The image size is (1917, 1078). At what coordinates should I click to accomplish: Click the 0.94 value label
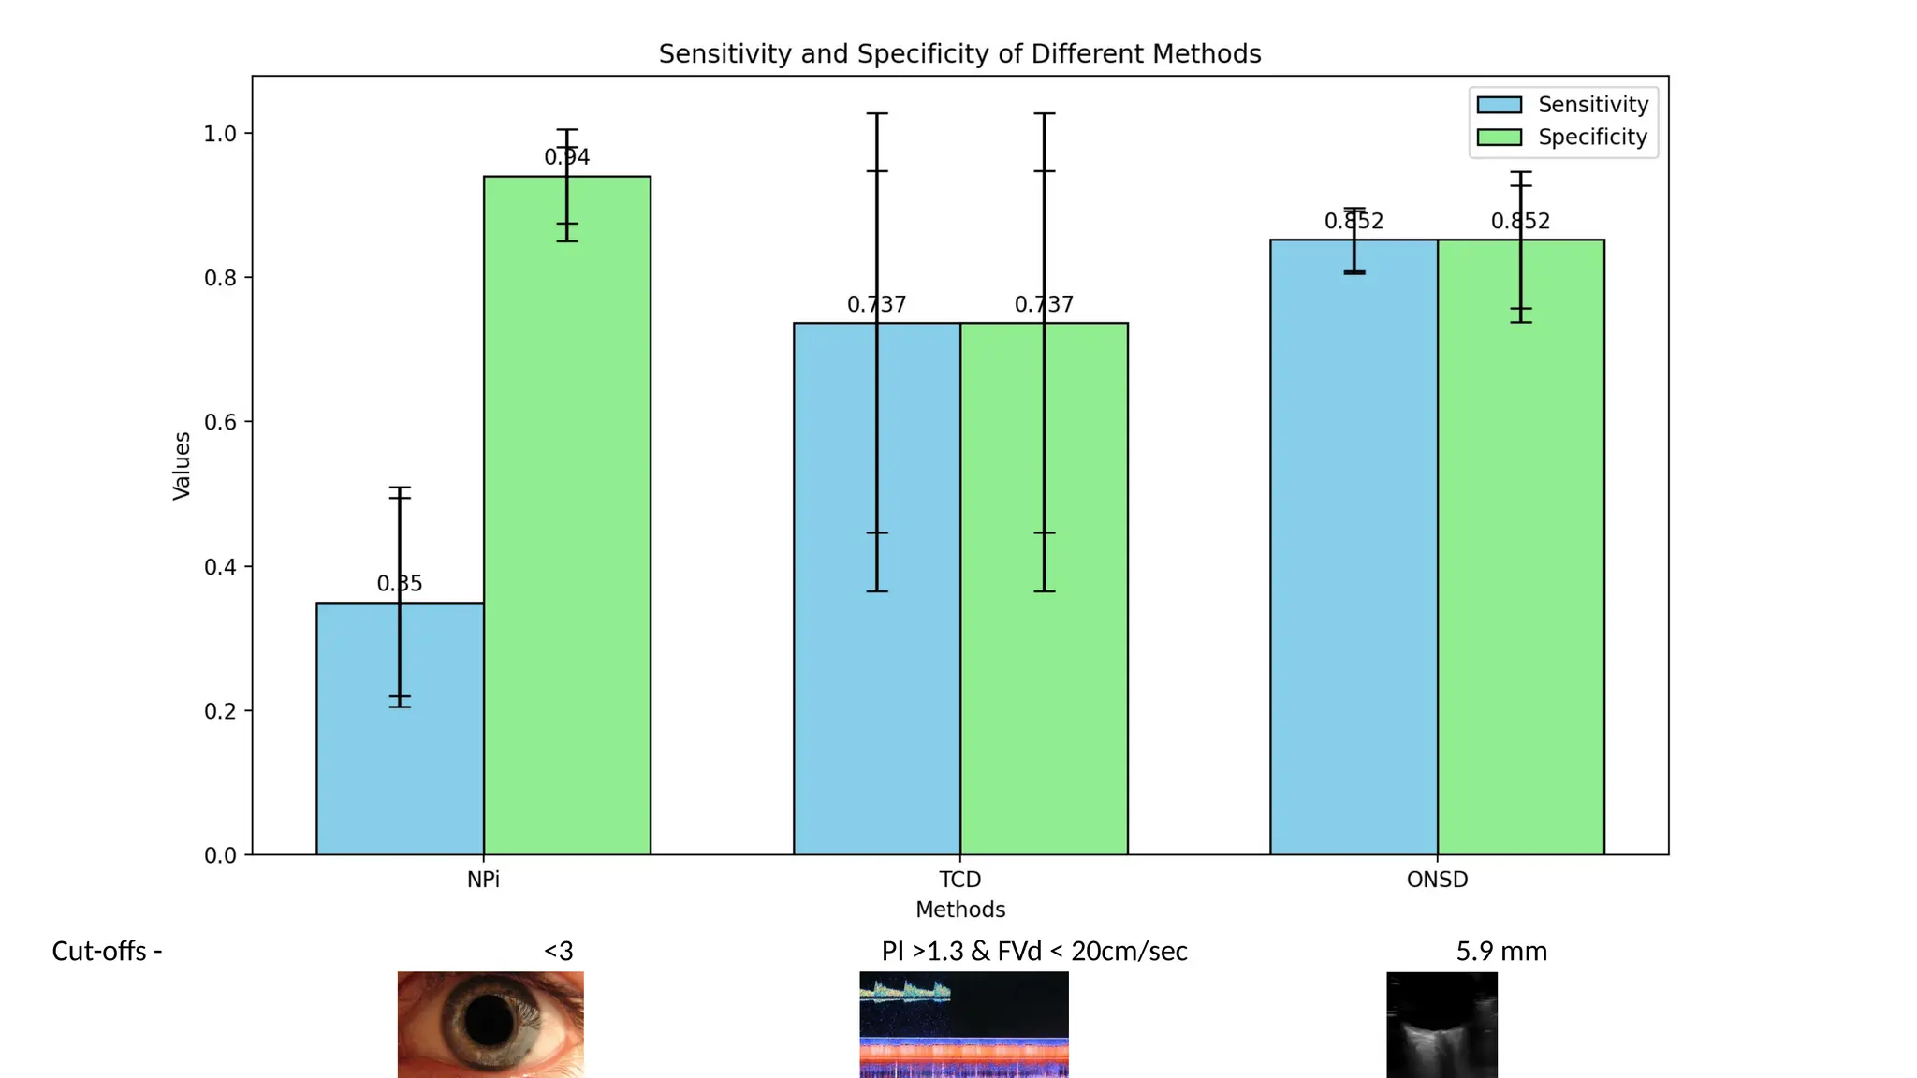pos(567,157)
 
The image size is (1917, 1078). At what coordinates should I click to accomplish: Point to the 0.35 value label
pos(400,584)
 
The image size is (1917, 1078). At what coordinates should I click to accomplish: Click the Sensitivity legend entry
pos(1592,105)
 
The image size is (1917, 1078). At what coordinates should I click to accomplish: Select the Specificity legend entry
pos(1592,138)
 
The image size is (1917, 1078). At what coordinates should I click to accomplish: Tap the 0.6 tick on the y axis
pos(220,422)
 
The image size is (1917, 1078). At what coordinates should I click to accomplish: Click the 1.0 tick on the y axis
pos(220,134)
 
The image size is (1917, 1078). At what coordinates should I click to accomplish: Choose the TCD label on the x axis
pos(960,880)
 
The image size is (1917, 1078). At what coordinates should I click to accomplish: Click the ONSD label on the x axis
pos(1437,880)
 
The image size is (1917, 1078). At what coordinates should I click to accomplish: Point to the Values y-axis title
pos(182,465)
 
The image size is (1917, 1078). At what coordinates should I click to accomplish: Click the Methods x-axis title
pos(960,910)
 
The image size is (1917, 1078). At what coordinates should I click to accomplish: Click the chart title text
pos(959,54)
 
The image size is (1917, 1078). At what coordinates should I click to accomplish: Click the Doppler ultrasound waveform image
pos(963,1024)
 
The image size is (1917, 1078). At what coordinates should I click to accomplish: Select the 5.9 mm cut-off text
pos(1501,952)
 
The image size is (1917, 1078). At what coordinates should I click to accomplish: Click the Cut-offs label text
pos(107,952)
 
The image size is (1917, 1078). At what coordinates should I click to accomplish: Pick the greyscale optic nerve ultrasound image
pos(1441,1025)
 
